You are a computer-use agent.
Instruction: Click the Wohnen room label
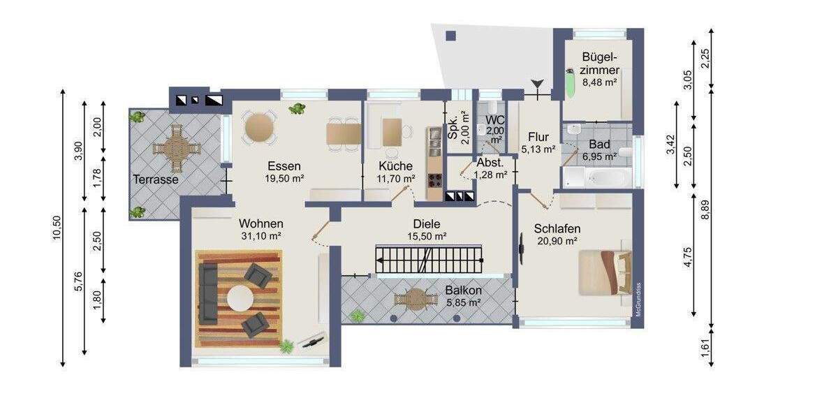tap(260, 223)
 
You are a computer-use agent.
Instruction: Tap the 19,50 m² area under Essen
tap(284, 179)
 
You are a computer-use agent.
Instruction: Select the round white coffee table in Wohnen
tap(241, 298)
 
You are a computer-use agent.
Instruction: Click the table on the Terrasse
tap(176, 146)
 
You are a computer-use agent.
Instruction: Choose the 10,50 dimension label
tap(57, 227)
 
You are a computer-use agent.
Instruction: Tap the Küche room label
tap(395, 166)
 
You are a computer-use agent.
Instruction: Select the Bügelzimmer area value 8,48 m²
tap(601, 82)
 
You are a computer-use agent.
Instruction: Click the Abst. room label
tap(490, 162)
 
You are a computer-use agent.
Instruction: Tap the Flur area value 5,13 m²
tap(538, 149)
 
